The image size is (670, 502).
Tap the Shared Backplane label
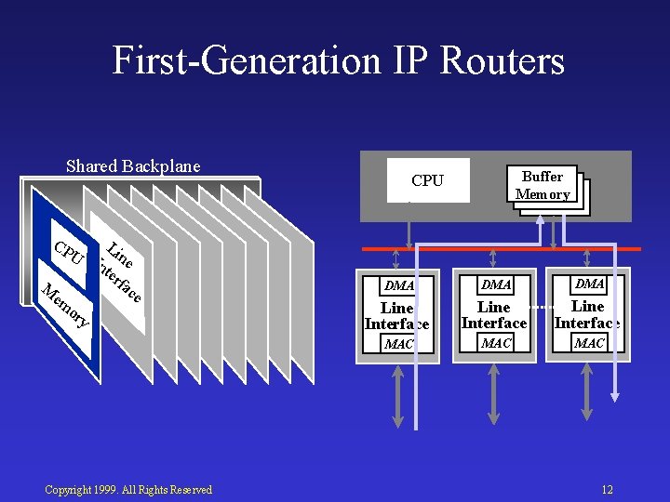[133, 166]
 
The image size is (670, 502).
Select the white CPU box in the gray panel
[427, 180]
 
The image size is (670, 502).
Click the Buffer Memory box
[543, 185]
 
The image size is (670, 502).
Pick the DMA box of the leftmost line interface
[399, 285]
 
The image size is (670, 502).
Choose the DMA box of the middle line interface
[496, 284]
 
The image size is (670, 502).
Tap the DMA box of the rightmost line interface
[589, 284]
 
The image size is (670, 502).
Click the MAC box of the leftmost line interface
[399, 344]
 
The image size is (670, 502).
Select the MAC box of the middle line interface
[496, 343]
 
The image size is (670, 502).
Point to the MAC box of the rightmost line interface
[589, 343]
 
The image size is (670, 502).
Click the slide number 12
[607, 490]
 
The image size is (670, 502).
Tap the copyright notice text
[128, 490]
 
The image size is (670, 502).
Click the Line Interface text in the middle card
[494, 314]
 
